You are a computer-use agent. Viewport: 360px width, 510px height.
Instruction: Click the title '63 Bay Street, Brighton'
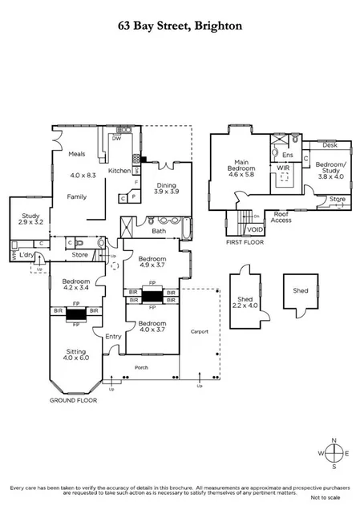pos(180,26)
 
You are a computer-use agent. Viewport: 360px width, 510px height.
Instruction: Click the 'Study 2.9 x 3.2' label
pos(23,219)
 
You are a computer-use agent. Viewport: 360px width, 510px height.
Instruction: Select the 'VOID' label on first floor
pos(255,229)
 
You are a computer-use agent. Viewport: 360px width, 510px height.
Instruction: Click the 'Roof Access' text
pos(281,217)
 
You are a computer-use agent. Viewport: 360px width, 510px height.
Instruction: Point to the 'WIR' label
pos(282,168)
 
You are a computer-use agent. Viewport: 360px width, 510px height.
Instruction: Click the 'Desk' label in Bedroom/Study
pos(329,146)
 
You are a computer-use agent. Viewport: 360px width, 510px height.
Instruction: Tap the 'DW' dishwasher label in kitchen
pos(117,138)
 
